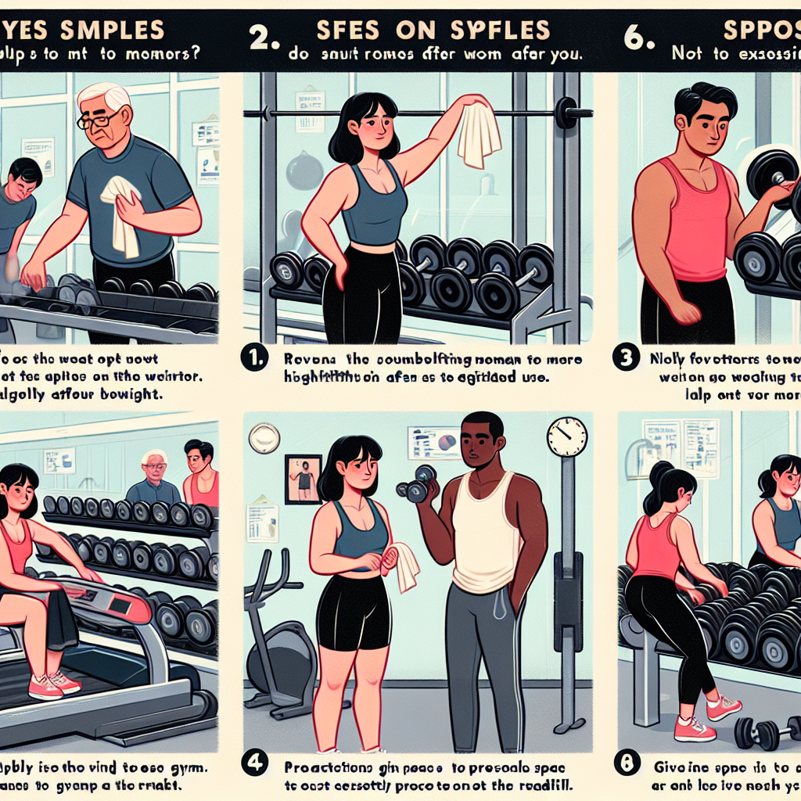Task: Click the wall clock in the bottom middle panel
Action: pos(567,436)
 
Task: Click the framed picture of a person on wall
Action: pos(303,478)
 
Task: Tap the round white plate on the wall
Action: pos(264,438)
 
